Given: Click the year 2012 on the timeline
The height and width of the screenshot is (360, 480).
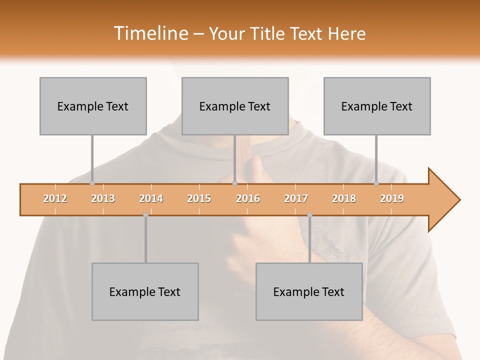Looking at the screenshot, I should click(55, 198).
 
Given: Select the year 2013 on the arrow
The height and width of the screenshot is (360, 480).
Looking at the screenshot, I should click(103, 198).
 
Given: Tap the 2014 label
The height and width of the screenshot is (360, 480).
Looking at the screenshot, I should click(151, 198).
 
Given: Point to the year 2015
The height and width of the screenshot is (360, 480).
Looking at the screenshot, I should click(199, 198).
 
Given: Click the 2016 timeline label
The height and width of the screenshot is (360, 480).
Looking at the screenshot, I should click(248, 198).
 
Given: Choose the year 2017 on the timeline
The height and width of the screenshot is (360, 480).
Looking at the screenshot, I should click(296, 198).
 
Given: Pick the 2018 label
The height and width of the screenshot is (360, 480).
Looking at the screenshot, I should click(344, 198).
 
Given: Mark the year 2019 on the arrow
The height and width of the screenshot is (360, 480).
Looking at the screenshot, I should click(392, 198).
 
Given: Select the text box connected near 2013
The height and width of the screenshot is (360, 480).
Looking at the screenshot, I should click(93, 106).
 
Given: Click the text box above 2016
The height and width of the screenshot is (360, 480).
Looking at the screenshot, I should click(235, 106).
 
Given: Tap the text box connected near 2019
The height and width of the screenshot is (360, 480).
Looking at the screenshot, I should click(377, 106).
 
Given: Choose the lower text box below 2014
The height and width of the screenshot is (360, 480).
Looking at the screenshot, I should click(145, 291).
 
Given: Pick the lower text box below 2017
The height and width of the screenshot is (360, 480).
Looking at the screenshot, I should click(309, 291).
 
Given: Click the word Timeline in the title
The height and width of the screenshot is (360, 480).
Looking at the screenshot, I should click(150, 33).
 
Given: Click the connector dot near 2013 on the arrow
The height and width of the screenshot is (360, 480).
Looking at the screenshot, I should click(92, 183).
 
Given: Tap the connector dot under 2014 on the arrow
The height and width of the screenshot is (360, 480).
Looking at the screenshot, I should click(145, 215).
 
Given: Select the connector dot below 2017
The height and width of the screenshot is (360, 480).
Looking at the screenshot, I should click(309, 215).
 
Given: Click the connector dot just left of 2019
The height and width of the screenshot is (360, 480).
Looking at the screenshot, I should click(376, 183).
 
